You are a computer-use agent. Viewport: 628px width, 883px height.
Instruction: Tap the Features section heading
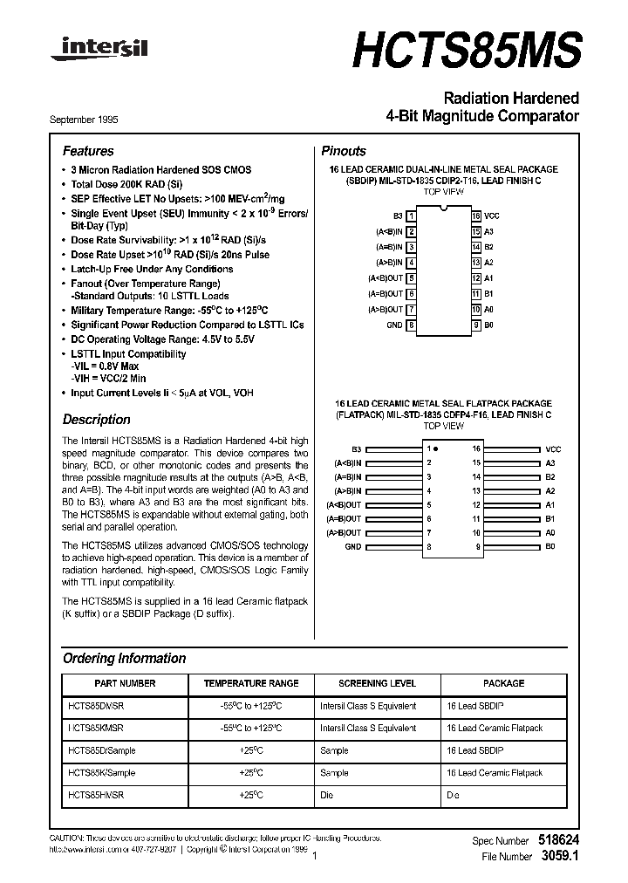point(88,151)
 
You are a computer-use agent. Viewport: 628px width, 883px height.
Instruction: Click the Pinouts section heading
point(344,151)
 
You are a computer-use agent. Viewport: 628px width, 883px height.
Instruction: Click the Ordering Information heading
point(124,659)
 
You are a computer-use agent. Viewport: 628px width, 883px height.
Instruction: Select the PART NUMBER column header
point(125,683)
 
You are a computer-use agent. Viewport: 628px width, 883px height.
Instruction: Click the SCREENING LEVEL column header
point(377,683)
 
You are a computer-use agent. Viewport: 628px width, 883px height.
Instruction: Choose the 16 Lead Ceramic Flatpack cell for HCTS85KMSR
point(494,728)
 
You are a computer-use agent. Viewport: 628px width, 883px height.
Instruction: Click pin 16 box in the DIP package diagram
point(476,215)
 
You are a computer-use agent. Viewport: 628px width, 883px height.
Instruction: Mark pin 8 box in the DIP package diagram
point(411,325)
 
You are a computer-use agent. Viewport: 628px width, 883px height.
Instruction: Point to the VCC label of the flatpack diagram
point(553,448)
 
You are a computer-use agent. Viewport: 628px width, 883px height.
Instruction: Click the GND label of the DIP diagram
point(394,325)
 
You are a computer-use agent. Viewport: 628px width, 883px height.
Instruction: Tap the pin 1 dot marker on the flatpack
point(436,448)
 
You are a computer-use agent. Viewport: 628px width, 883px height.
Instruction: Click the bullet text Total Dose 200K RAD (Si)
point(126,185)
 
